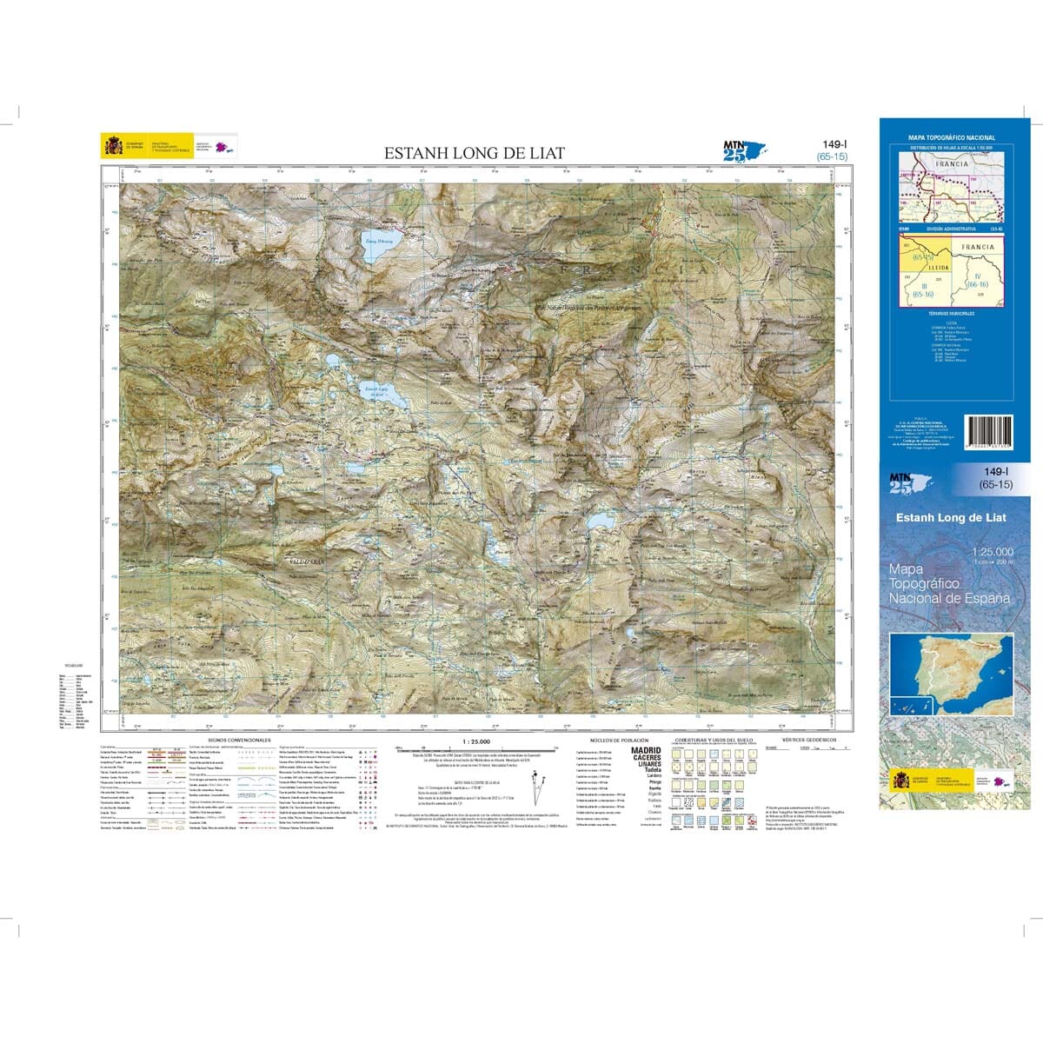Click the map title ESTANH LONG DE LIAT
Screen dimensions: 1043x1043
475,154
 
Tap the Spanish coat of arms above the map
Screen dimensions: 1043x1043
113,145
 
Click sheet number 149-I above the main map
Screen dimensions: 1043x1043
832,145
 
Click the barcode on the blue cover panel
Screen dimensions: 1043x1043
990,432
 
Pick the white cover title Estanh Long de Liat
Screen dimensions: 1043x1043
950,518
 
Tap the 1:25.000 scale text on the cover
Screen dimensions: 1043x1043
992,552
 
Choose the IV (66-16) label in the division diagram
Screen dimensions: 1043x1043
977,280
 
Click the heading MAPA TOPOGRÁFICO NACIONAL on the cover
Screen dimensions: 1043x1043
951,138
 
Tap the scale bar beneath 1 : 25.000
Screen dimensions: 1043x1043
474,748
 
